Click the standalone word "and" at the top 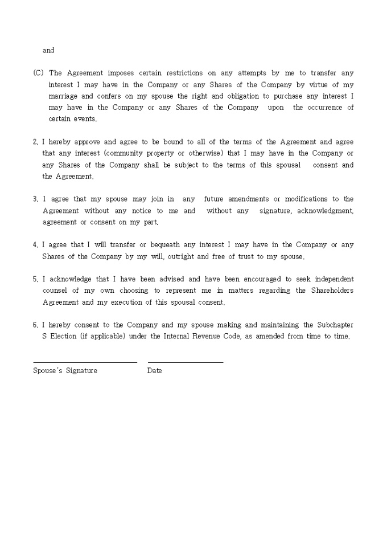point(48,51)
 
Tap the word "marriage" point(63,96)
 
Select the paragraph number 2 point(35,142)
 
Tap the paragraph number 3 point(35,199)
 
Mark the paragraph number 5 point(35,280)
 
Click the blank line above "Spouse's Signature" point(85,362)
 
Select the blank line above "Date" point(186,362)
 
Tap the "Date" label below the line point(154,371)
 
